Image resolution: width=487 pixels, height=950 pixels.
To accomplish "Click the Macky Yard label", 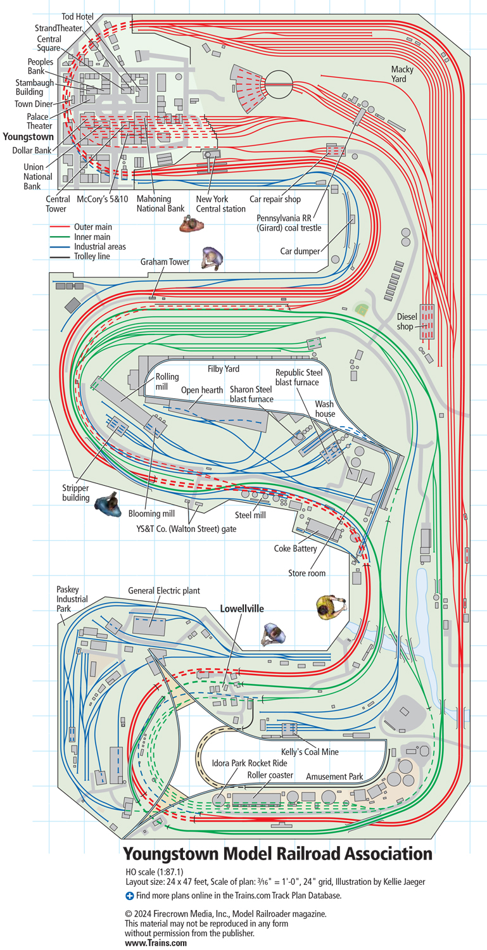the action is point(402,74).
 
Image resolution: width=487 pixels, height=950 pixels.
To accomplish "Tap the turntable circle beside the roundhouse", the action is point(279,82).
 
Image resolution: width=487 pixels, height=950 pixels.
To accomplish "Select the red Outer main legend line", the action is point(60,227).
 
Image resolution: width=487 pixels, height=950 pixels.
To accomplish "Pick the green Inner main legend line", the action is point(60,237).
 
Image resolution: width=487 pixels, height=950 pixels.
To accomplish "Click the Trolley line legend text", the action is point(92,256).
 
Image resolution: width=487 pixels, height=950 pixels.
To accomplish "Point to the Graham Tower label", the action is point(165,262).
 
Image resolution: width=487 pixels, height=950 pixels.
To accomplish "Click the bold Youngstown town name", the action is point(28,137).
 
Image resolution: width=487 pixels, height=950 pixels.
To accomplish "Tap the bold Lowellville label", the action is point(242,609).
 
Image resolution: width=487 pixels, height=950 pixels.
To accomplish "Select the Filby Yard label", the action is point(223,369).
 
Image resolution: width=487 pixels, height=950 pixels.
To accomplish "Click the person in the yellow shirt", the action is point(330,607).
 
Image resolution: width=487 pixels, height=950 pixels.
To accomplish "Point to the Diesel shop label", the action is point(407,322).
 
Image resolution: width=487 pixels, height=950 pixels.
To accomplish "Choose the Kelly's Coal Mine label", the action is point(310,752).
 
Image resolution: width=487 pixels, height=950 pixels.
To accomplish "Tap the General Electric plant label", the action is point(164,590).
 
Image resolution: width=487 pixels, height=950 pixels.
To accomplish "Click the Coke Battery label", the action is point(295,548).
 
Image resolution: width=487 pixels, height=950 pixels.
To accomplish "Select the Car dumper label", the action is point(300,251).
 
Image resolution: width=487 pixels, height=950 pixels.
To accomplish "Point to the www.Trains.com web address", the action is point(156,943).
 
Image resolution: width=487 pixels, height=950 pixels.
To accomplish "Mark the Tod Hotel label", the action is point(78,16).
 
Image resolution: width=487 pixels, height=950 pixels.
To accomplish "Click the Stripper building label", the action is point(75,493).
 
